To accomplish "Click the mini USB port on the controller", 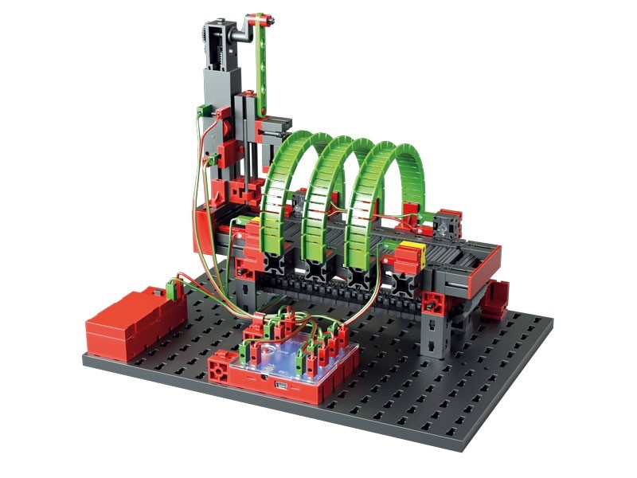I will click(281, 387).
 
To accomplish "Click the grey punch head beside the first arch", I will click(275, 126).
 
